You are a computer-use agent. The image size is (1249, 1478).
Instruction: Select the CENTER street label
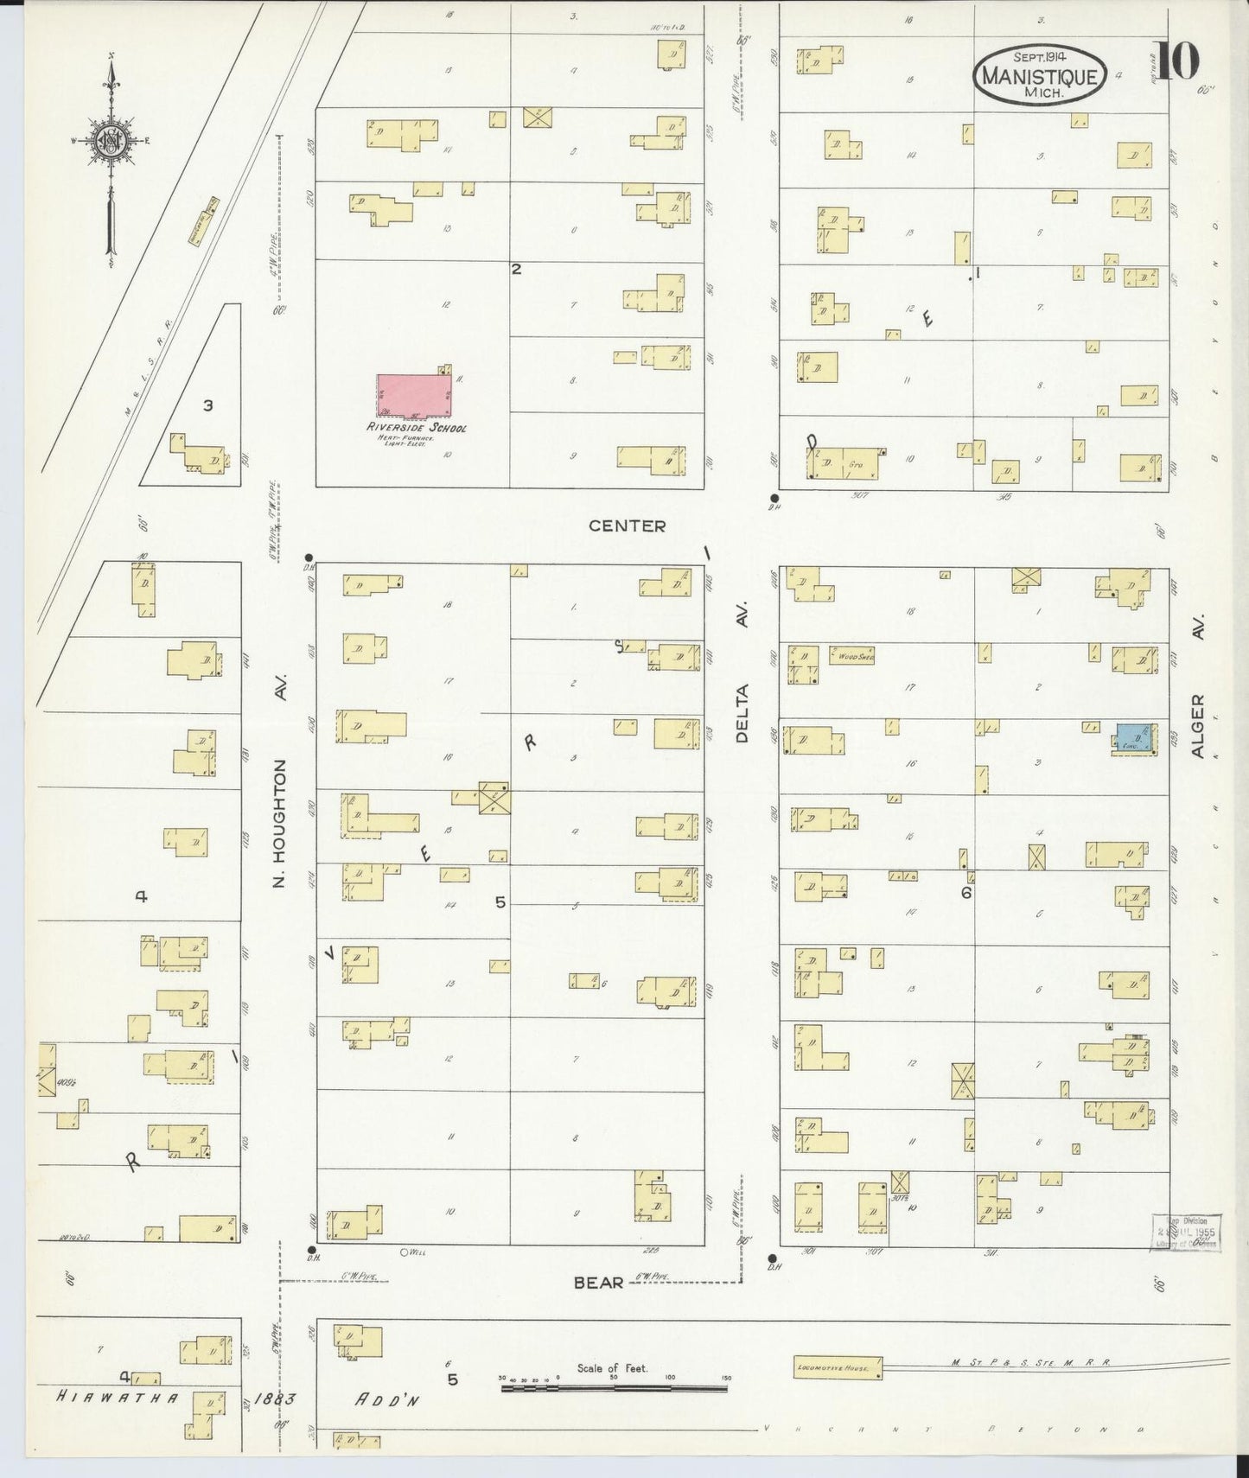click(x=627, y=526)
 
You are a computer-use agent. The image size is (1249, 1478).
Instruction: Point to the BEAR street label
click(x=599, y=1283)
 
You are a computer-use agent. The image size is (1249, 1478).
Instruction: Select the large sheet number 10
click(x=1176, y=61)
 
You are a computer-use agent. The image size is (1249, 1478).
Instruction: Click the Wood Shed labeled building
click(x=852, y=656)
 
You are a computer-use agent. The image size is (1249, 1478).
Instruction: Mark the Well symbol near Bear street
click(x=403, y=1252)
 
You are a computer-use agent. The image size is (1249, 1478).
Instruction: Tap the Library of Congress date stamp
click(x=1184, y=1231)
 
